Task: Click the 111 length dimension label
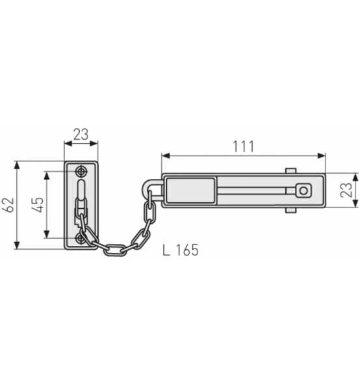pos(243,146)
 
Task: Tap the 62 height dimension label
pos(8,205)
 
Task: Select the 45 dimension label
pos(38,205)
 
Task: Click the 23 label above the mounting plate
pos(80,135)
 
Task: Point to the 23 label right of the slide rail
pos(348,190)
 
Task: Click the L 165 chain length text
pos(181,249)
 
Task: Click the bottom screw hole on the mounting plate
pos(81,239)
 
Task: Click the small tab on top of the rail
pos(290,171)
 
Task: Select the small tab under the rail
pos(290,211)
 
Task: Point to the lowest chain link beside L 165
pos(116,249)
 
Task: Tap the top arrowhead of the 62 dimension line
pos(18,164)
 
